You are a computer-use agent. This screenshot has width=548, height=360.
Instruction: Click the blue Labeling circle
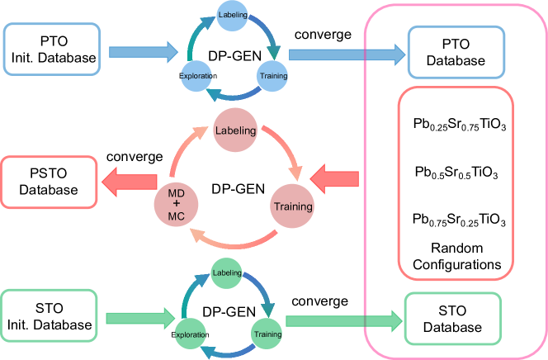click(233, 16)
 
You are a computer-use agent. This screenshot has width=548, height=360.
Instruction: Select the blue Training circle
click(273, 75)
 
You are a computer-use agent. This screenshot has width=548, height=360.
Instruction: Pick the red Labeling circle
click(235, 130)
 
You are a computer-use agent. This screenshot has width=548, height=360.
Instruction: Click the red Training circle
click(293, 206)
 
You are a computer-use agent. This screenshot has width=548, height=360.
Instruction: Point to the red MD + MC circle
click(177, 203)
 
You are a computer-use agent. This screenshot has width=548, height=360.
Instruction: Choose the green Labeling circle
click(226, 272)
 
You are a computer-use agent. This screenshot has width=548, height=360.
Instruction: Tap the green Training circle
click(267, 334)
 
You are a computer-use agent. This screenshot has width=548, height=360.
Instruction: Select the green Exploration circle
click(190, 334)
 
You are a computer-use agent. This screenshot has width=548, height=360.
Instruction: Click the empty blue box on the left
click(52, 49)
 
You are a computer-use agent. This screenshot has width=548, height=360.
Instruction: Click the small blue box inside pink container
click(456, 52)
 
